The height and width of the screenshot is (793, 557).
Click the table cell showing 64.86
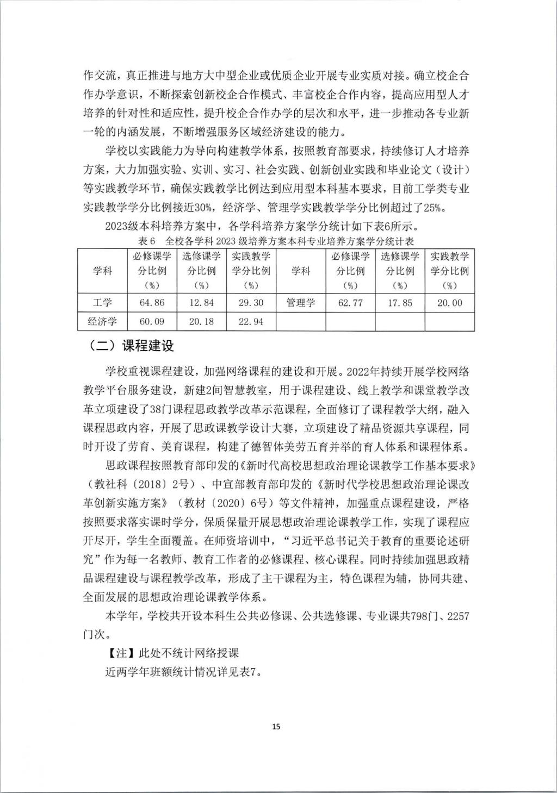click(x=151, y=303)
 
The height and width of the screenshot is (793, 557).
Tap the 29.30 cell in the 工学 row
click(x=251, y=303)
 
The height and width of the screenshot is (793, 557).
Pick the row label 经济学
click(x=102, y=321)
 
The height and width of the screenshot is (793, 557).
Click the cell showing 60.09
click(x=151, y=321)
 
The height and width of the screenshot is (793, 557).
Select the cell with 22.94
click(x=251, y=321)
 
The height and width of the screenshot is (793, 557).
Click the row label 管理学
click(x=300, y=303)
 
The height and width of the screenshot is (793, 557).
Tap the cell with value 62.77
click(x=350, y=303)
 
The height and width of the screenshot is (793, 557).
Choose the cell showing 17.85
click(x=400, y=303)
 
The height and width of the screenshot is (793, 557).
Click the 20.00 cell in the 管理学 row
click(x=449, y=303)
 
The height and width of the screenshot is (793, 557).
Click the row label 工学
click(x=102, y=303)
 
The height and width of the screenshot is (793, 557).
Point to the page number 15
click(x=276, y=726)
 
